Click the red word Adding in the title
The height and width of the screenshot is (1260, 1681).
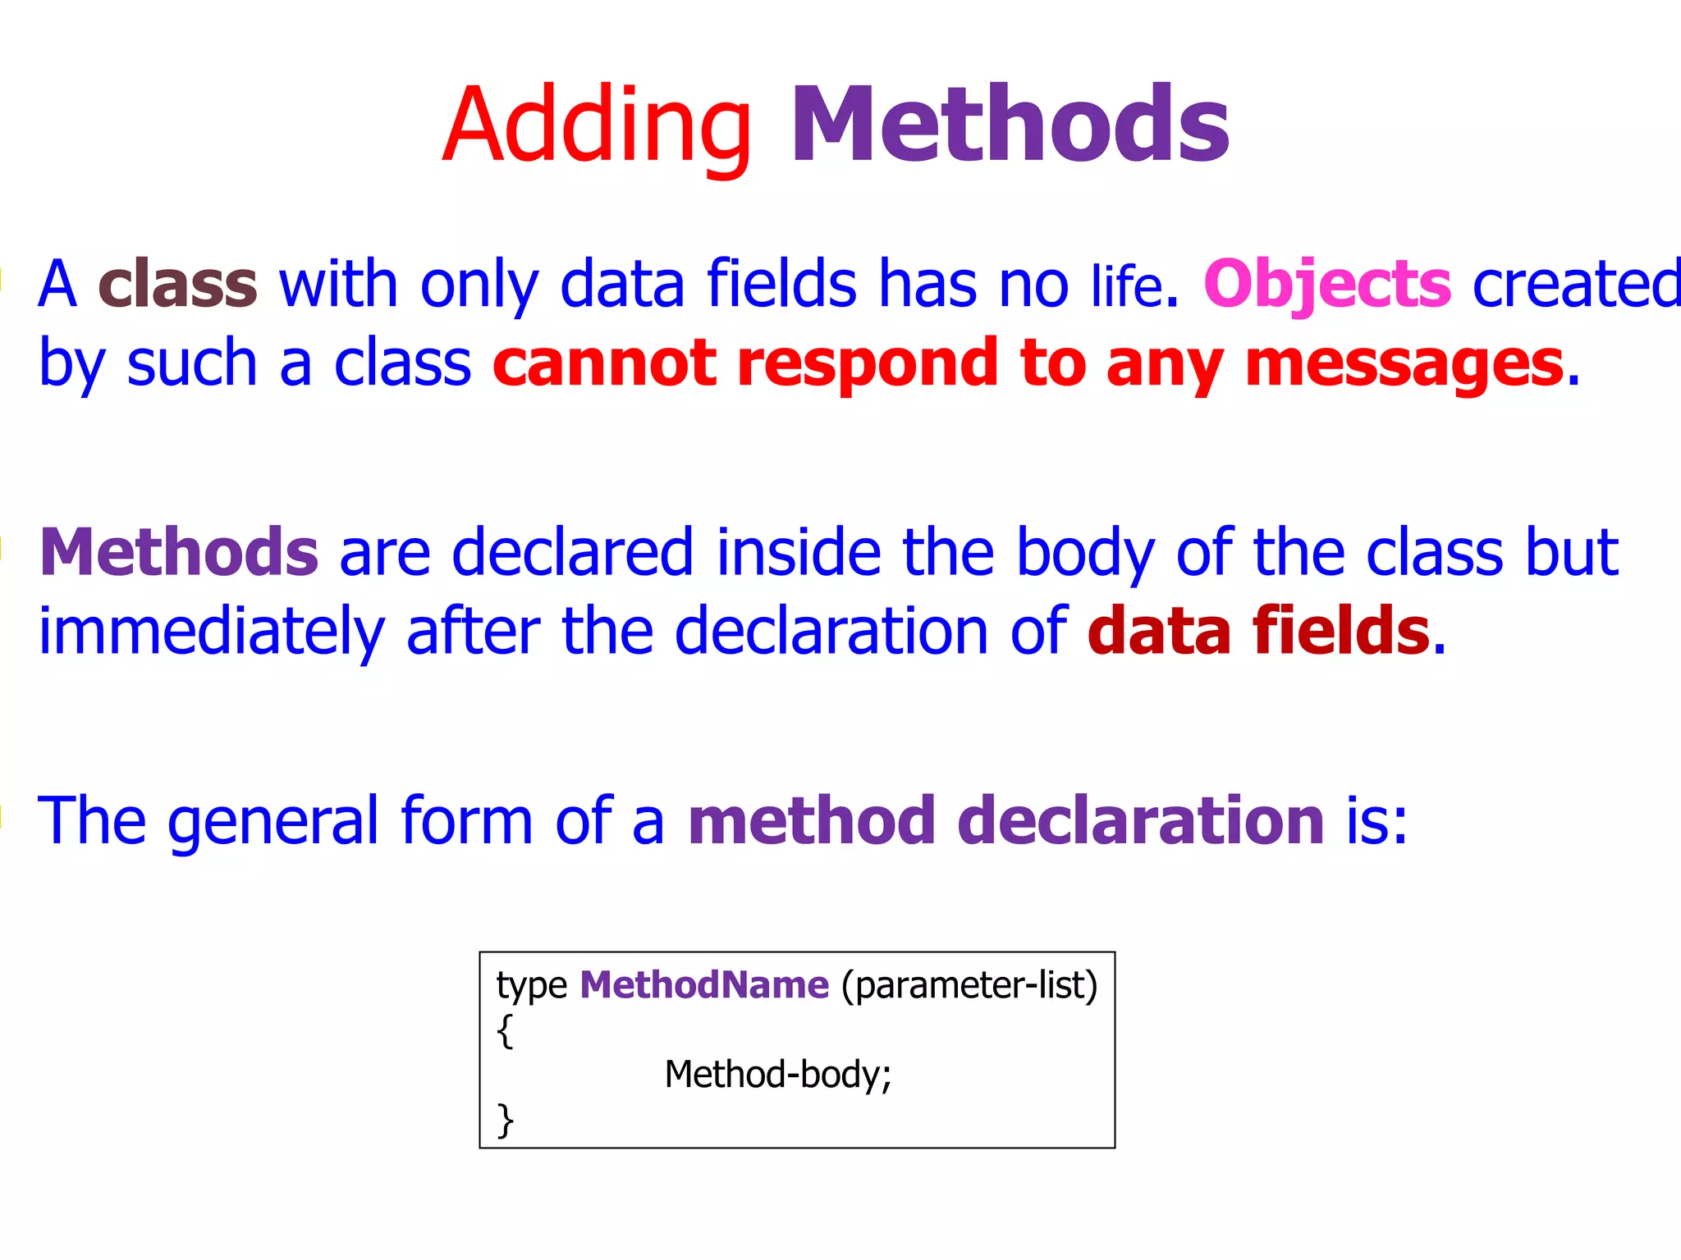[x=597, y=127]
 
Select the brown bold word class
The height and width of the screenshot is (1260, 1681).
[x=177, y=284]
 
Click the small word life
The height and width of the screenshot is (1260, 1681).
[x=1127, y=286]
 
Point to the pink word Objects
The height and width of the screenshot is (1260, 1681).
[x=1327, y=284]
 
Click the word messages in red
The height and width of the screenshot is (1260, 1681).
[x=1404, y=363]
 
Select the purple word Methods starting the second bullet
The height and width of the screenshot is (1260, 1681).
[x=179, y=552]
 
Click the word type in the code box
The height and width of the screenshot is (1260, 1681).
[x=531, y=986]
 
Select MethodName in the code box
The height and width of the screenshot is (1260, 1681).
[x=704, y=984]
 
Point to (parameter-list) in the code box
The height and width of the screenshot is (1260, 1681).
[x=969, y=985]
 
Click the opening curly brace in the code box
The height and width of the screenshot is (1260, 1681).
[x=506, y=1030]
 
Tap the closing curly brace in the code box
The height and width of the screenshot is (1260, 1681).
[x=506, y=1120]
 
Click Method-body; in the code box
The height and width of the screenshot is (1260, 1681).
[x=777, y=1075]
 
